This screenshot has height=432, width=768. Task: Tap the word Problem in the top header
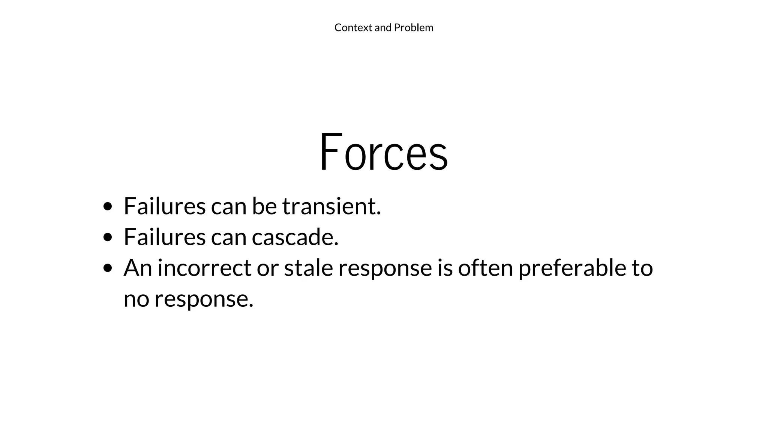[x=414, y=28]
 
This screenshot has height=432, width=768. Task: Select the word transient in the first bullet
[x=331, y=206]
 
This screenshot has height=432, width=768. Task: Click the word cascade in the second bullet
[x=295, y=237]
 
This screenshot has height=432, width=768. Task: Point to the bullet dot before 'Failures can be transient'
[x=108, y=206]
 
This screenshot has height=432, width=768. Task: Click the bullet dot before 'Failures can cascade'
[x=108, y=237]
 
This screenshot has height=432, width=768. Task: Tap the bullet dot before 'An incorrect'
[x=108, y=268]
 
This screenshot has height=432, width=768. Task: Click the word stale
[x=309, y=268]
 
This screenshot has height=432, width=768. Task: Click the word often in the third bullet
[x=485, y=268]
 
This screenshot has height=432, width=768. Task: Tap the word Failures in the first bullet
[x=165, y=206]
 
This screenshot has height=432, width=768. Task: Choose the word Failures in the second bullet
[x=165, y=237]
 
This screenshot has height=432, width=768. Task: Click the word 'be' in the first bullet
[x=264, y=206]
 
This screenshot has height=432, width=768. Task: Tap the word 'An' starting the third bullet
[x=137, y=268]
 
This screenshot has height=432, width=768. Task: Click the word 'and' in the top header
[x=383, y=28]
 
